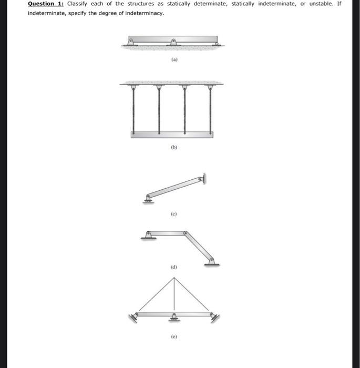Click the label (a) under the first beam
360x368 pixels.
pos(174,60)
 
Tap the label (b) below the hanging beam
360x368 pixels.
pos(174,148)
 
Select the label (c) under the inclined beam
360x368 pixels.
pos(174,214)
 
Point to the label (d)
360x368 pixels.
pos(174,267)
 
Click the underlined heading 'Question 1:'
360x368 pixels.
pos(46,4)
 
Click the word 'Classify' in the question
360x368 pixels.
pos(77,4)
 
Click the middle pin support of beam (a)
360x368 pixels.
pos(174,42)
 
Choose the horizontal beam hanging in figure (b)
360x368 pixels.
pos(172,135)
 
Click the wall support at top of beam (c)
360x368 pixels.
pos(202,179)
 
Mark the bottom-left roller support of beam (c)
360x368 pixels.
pos(148,198)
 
